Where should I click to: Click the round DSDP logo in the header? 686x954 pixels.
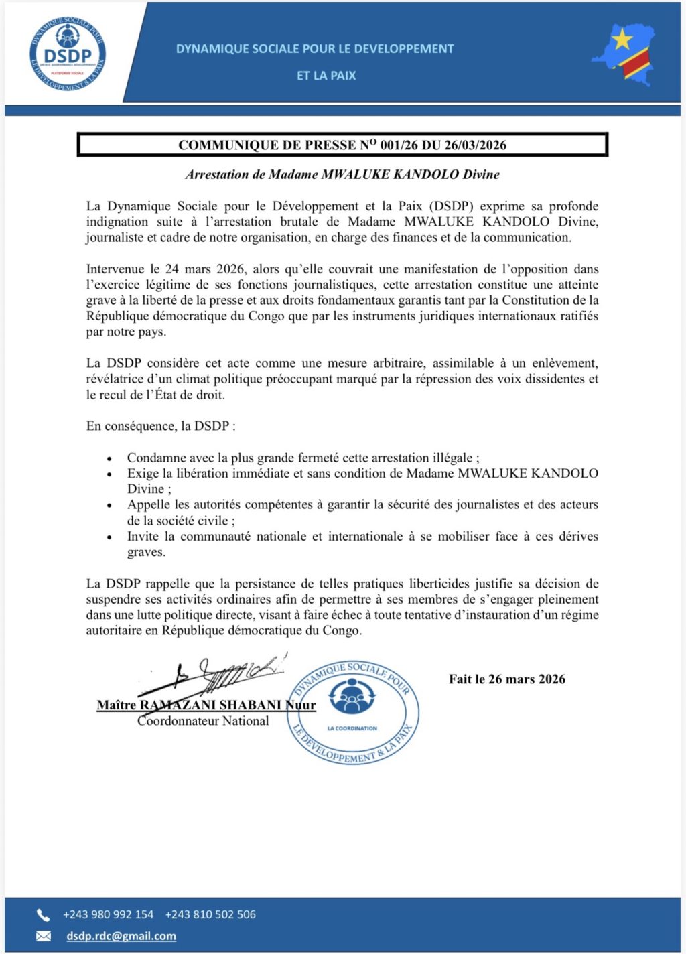point(68,54)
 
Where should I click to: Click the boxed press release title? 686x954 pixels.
point(342,145)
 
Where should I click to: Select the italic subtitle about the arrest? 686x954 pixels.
point(342,175)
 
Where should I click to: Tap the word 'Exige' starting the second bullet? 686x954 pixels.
point(142,474)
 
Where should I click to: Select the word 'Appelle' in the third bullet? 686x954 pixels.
point(149,505)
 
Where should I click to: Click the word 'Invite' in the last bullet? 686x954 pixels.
point(143,537)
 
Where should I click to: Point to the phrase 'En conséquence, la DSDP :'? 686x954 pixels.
point(161,426)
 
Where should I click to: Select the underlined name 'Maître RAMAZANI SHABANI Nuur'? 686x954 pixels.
point(206,705)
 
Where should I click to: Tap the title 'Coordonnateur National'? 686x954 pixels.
point(203,721)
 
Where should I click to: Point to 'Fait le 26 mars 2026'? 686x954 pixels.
point(507,679)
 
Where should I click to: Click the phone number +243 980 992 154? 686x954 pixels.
point(109,914)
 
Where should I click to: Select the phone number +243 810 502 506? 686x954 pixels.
point(210,914)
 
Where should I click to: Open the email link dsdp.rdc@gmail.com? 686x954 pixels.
point(121,936)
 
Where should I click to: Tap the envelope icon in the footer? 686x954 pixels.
point(44,936)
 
